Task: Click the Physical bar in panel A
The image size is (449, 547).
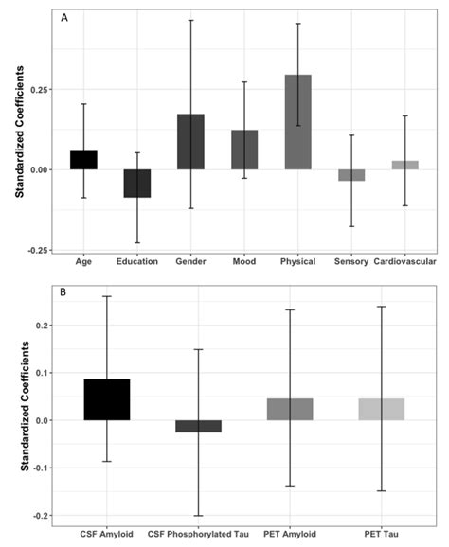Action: [x=297, y=122]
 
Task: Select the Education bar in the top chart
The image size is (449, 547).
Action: [x=137, y=183]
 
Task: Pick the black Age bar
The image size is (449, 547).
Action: [x=83, y=160]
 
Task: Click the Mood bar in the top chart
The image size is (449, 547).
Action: [x=244, y=150]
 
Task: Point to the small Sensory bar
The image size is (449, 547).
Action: [x=351, y=175]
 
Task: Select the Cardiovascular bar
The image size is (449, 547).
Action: [x=405, y=165]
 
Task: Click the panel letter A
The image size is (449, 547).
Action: [x=63, y=17]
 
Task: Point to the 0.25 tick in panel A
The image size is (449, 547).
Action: [x=41, y=89]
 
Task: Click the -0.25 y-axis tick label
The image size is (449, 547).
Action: [x=39, y=250]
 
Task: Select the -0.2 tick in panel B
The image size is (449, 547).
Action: [x=42, y=516]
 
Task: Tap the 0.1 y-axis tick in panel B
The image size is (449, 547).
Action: [x=44, y=373]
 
